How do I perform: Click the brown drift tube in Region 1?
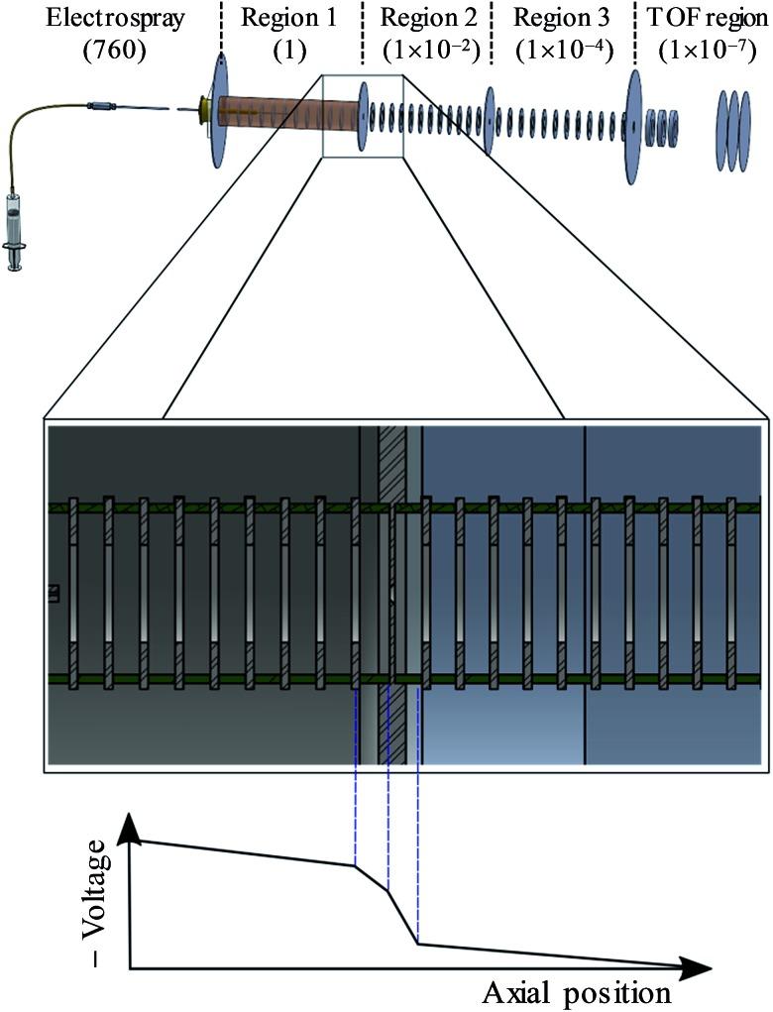273,112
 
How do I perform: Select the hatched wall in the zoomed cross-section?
393,595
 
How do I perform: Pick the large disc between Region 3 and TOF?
632,125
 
